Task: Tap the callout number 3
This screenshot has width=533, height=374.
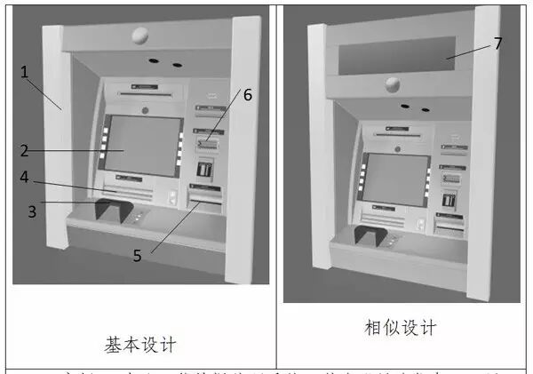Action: tap(33, 211)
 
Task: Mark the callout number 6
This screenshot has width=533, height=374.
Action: tap(248, 94)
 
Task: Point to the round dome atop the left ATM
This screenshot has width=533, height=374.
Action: tap(139, 36)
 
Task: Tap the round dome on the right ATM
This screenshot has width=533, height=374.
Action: tap(392, 85)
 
